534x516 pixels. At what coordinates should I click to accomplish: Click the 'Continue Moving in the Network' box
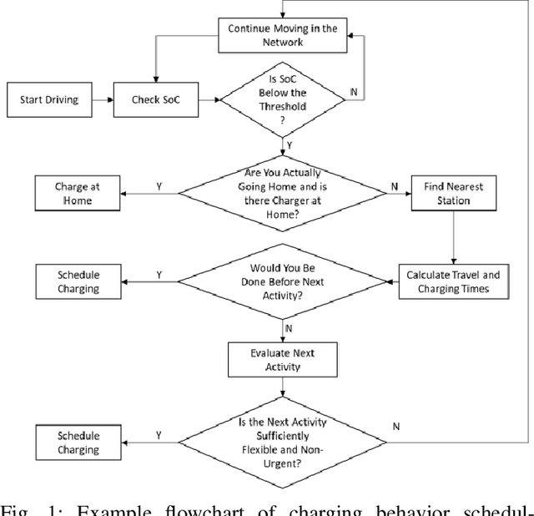pyautogui.click(x=283, y=36)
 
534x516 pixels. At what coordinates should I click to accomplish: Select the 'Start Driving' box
pyautogui.click(x=48, y=100)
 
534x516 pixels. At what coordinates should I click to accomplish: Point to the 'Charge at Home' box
pyautogui.click(x=78, y=195)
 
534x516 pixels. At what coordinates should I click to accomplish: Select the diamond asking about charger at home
pyautogui.click(x=283, y=195)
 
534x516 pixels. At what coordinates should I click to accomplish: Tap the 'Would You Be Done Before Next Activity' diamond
pyautogui.click(x=283, y=281)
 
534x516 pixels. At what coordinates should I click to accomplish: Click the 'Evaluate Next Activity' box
pyautogui.click(x=283, y=360)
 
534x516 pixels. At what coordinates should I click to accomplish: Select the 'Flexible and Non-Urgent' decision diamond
pyautogui.click(x=283, y=443)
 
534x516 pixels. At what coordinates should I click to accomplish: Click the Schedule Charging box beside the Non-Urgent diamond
pyautogui.click(x=78, y=443)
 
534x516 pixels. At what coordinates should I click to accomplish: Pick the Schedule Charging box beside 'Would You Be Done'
pyautogui.click(x=78, y=281)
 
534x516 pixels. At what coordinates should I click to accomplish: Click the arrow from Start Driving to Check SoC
pyautogui.click(x=101, y=100)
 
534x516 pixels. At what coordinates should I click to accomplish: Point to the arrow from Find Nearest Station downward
pyautogui.click(x=452, y=236)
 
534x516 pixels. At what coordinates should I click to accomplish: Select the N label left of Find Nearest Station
pyautogui.click(x=394, y=187)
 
